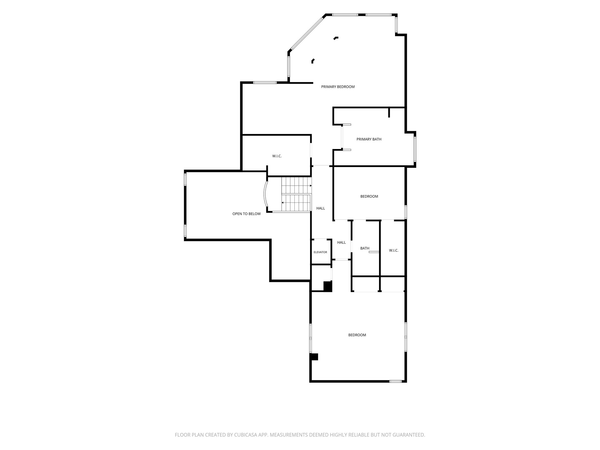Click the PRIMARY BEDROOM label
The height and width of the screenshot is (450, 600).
tap(338, 87)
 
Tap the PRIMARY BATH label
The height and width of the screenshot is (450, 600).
tap(369, 139)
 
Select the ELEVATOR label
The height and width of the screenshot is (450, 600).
tap(320, 252)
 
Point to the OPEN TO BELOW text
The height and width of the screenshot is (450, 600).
tap(247, 214)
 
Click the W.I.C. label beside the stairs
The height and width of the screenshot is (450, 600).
tap(277, 156)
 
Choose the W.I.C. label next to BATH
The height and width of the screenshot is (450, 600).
tap(394, 251)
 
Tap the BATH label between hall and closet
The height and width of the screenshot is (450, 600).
tap(365, 248)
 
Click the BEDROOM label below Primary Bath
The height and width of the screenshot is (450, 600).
tap(369, 197)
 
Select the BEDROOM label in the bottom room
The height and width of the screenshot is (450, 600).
tap(357, 335)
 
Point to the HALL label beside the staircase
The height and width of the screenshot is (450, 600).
tap(321, 208)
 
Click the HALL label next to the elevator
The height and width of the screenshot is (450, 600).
tap(342, 242)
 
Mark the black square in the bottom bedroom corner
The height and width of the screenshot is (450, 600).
tap(314, 357)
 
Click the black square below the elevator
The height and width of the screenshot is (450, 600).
tap(327, 287)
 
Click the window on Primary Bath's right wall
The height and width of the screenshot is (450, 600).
tap(415, 150)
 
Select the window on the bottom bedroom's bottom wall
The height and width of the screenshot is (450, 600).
tap(396, 381)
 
